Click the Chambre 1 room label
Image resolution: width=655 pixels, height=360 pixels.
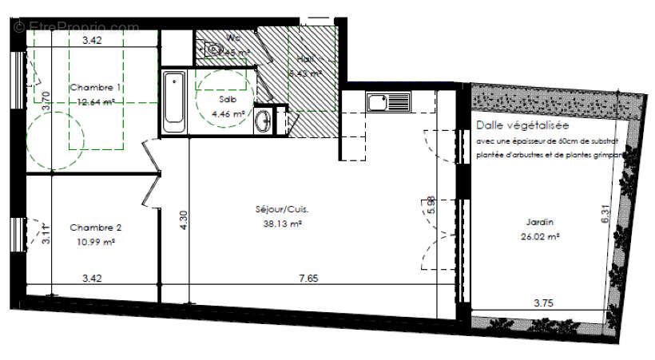pyautogui.click(x=95, y=87)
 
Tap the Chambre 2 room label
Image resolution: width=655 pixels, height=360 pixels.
pyautogui.click(x=95, y=227)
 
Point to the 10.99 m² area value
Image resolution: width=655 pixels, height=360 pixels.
pyautogui.click(x=96, y=241)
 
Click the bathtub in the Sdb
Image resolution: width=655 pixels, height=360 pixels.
pyautogui.click(x=174, y=101)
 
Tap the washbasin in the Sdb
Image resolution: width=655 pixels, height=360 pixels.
pyautogui.click(x=264, y=121)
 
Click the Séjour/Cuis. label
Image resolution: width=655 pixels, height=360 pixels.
pyautogui.click(x=282, y=210)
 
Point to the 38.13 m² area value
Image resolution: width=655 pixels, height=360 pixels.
pyautogui.click(x=282, y=224)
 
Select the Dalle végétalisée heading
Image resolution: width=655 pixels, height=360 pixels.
pyautogui.click(x=524, y=125)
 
